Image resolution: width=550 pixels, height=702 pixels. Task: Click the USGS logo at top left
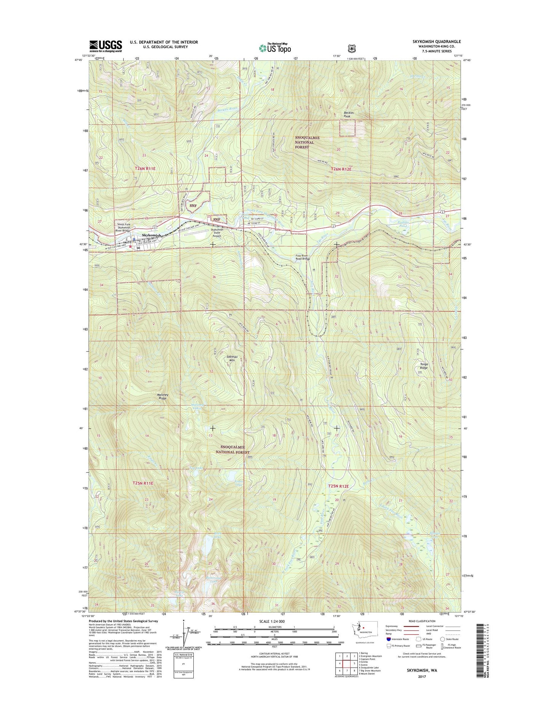click(105, 46)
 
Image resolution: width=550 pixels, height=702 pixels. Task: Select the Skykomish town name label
click(151, 236)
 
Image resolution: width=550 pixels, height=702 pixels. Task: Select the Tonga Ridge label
click(424, 366)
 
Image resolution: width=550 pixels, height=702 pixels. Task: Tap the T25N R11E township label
click(143, 483)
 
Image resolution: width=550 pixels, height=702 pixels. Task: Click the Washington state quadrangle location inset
click(364, 639)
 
